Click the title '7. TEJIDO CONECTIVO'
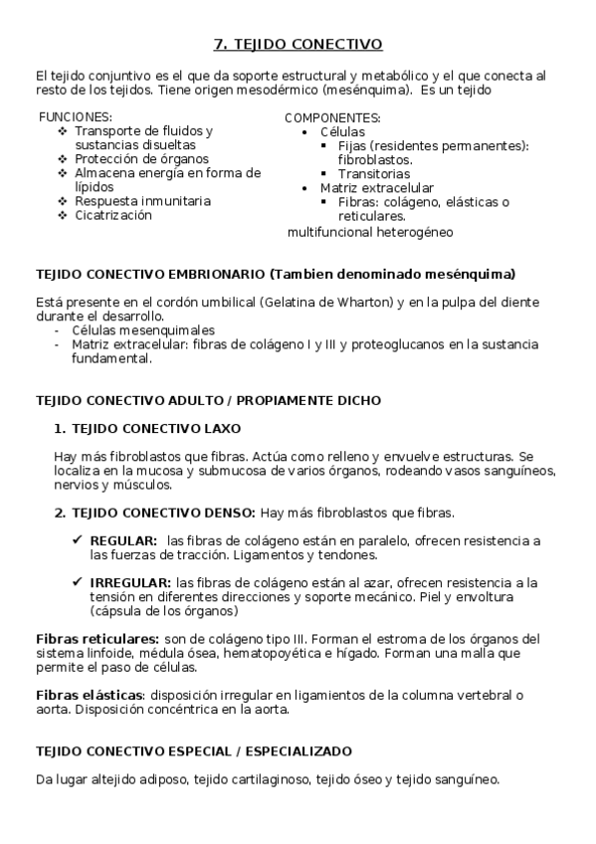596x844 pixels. pos(298,45)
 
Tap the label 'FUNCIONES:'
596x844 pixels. pos(76,116)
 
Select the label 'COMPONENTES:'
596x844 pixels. pos(327,117)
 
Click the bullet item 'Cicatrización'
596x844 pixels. pos(113,215)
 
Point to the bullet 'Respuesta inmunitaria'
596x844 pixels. pos(142,201)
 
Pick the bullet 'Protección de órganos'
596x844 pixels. pos(141,158)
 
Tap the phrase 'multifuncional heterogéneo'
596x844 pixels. pos(370,233)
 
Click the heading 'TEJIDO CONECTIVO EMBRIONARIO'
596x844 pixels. pos(150,274)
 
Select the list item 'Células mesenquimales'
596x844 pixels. pos(143,330)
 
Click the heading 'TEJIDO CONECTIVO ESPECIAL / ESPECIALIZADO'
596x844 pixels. pos(193,751)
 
